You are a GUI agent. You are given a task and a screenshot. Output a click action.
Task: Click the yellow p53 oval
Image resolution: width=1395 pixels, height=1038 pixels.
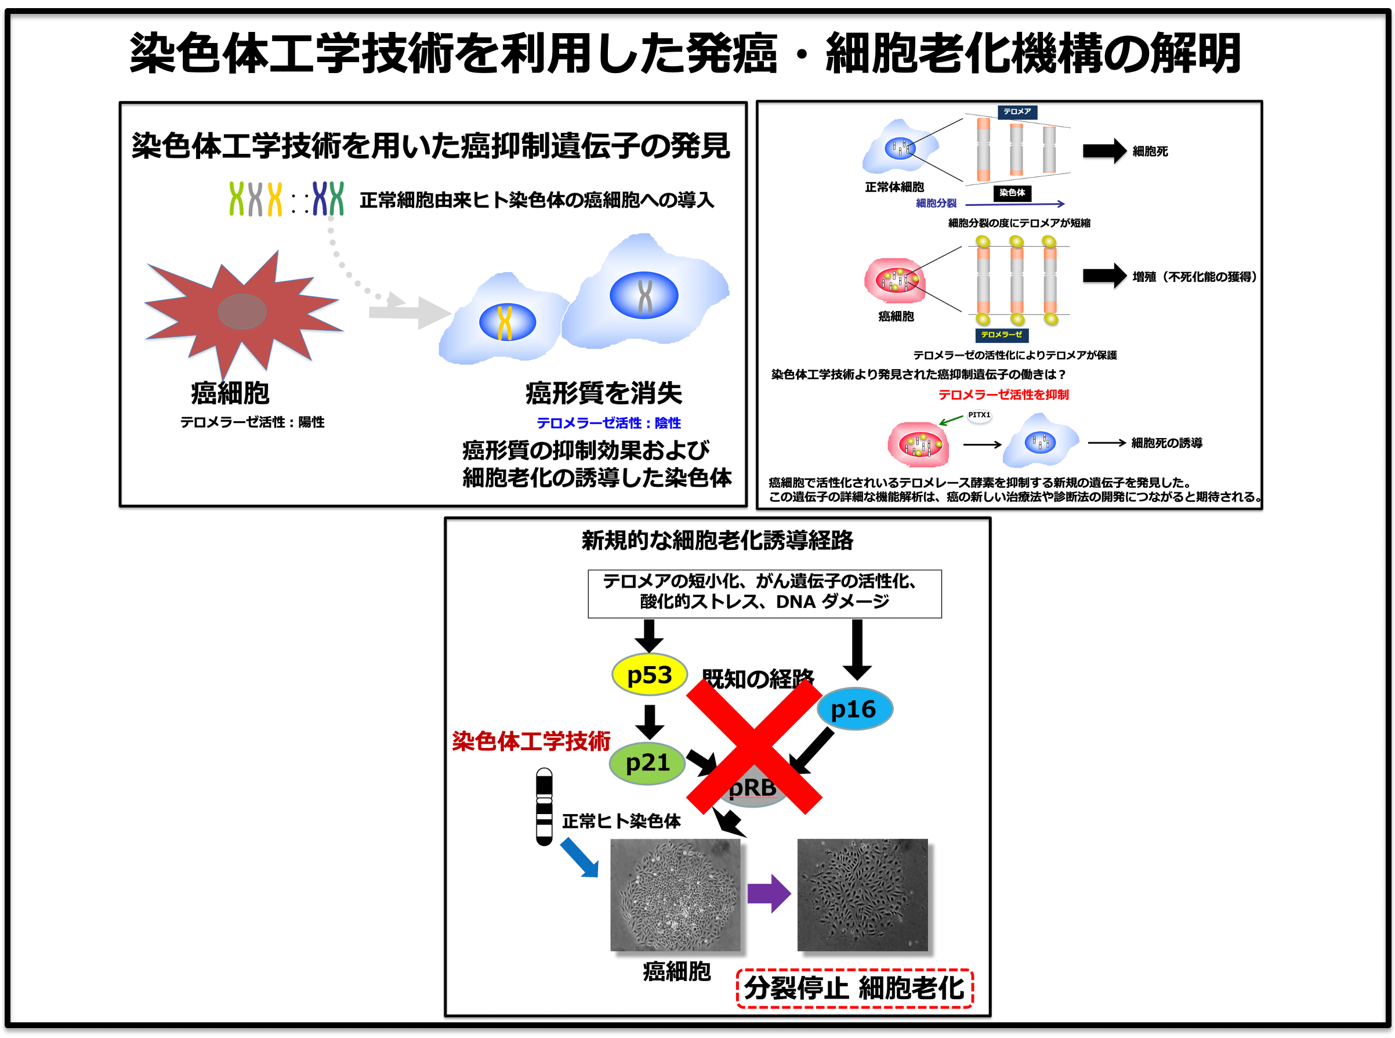click(x=649, y=675)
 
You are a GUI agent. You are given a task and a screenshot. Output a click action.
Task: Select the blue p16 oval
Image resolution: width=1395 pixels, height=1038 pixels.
click(x=854, y=709)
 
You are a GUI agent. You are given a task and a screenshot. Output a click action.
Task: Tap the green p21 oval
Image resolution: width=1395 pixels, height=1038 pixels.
click(x=647, y=763)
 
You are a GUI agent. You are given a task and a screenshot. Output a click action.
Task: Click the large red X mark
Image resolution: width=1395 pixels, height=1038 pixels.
click(x=753, y=746)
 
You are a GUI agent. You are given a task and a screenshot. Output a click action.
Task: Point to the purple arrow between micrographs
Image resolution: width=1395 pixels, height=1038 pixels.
click(x=768, y=893)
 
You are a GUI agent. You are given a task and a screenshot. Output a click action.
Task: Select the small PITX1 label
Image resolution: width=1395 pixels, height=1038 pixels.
click(x=979, y=415)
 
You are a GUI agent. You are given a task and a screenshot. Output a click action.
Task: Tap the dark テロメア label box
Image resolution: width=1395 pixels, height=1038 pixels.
click(x=1017, y=111)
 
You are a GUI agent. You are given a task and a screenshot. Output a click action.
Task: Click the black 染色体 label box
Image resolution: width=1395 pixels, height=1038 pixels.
click(x=1012, y=193)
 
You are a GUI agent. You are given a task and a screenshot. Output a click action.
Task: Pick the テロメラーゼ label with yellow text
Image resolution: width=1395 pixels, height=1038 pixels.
click(x=1001, y=335)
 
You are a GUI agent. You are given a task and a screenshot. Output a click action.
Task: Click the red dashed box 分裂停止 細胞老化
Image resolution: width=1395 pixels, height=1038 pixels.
click(x=854, y=988)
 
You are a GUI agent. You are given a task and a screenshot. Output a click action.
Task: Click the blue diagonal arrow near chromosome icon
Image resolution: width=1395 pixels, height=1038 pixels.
click(x=579, y=858)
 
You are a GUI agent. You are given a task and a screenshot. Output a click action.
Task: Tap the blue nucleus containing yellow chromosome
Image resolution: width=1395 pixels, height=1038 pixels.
click(x=507, y=323)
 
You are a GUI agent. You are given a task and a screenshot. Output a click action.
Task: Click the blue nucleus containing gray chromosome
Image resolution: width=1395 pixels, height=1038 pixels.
click(x=644, y=295)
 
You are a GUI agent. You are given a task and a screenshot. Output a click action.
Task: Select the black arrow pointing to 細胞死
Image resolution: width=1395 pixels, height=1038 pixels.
click(x=1104, y=151)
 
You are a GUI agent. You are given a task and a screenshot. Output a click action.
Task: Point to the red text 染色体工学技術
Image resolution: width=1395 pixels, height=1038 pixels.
click(x=531, y=742)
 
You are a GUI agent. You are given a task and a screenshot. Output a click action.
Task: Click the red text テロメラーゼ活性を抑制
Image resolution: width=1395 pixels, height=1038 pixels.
click(x=1003, y=395)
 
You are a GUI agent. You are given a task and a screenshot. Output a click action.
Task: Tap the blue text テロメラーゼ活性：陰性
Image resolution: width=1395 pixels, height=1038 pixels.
click(x=608, y=423)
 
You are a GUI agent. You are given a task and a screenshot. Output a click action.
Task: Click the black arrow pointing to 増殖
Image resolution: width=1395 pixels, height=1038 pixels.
click(x=1104, y=275)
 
